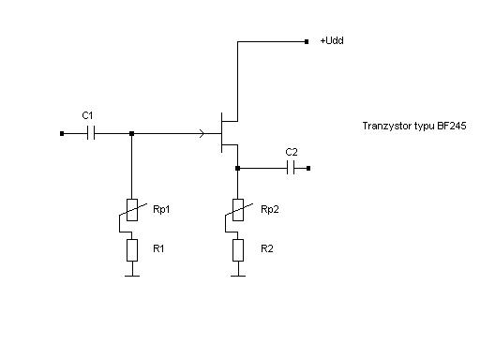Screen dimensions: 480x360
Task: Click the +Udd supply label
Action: click(332, 40)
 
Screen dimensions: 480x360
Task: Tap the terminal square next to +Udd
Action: click(307, 41)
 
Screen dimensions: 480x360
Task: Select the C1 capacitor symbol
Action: click(91, 133)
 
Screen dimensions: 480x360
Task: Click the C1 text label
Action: click(87, 115)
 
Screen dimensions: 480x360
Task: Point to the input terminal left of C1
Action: click(62, 133)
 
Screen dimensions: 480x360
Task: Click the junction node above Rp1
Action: click(131, 133)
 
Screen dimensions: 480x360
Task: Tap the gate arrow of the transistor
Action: click(202, 134)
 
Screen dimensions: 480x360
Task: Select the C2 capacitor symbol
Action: click(291, 168)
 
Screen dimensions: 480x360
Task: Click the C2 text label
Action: click(292, 152)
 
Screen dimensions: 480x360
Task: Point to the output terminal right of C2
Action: click(308, 169)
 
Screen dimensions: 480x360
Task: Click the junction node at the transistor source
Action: click(237, 169)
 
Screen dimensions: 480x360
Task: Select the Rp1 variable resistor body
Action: click(132, 210)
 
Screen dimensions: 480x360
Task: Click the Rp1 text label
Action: click(161, 209)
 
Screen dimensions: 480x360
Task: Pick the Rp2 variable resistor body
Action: click(238, 210)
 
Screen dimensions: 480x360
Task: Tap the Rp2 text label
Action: click(270, 209)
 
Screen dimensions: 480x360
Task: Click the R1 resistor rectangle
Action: click(132, 250)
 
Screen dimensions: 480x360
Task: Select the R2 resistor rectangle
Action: click(238, 250)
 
